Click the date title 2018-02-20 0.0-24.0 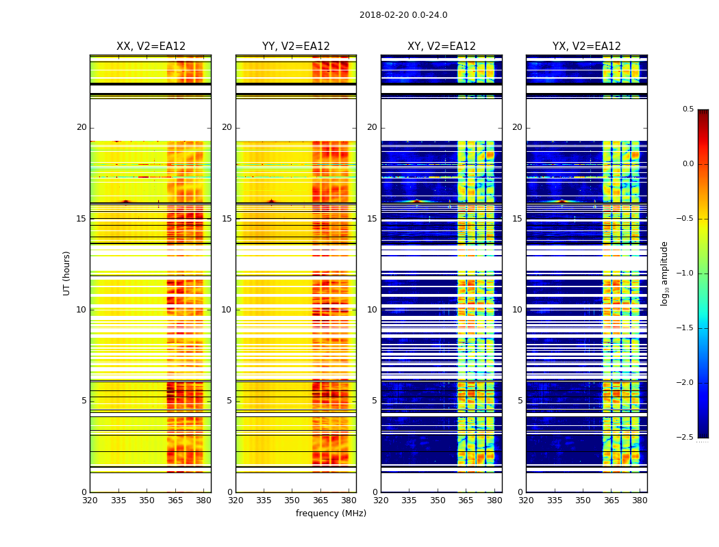403,15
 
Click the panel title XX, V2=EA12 151,46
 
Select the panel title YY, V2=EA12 296,46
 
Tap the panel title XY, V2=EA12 442,46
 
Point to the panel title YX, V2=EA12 587,46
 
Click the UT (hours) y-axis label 66,273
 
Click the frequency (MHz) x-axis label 331,513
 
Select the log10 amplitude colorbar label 664,273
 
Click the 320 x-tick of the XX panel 90,501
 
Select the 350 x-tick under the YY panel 292,501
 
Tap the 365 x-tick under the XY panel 466,501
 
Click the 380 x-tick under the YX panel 640,501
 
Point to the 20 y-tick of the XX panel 81,127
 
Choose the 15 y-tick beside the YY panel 227,219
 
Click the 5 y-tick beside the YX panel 520,401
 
